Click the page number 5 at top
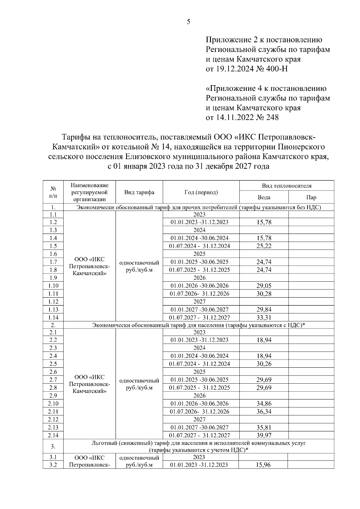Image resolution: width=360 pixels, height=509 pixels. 188,22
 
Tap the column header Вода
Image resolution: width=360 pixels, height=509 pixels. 264,197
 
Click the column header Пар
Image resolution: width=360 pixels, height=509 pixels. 311,197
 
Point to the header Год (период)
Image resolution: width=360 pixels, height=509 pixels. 201,192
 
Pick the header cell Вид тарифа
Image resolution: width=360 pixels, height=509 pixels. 139,192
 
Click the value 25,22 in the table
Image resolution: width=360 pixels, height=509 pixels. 264,246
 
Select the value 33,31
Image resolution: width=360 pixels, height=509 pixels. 264,318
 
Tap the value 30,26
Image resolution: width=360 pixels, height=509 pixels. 264,364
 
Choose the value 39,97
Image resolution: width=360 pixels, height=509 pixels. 264,435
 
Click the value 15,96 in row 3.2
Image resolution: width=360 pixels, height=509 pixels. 263,465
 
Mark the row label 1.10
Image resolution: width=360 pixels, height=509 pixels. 53,286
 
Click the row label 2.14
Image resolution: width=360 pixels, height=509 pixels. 53,435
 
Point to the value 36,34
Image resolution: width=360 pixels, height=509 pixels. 264,412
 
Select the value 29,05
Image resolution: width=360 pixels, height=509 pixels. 264,286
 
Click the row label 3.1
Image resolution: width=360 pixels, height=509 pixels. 53,457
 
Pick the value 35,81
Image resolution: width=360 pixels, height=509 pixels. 264,427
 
